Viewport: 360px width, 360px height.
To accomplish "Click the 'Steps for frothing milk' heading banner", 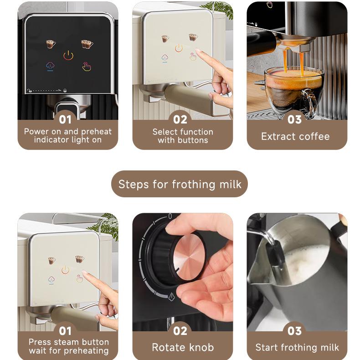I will [180, 184].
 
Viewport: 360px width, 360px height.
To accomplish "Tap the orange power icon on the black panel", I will [68, 56].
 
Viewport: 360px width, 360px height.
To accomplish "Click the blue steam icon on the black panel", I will [50, 67].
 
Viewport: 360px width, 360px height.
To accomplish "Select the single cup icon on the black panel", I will [51, 44].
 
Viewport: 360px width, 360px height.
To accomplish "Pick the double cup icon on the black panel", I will [87, 44].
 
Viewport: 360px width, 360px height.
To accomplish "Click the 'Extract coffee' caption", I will [295, 136].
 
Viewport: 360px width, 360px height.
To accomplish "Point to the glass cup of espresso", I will [292, 89].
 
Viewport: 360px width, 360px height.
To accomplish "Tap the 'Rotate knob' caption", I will [183, 347].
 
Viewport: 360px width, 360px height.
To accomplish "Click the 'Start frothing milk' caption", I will [297, 347].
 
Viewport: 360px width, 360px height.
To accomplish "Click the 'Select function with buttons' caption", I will [182, 135].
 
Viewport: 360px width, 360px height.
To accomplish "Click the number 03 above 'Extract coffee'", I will [294, 119].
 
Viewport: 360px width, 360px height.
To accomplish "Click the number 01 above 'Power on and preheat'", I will [65, 119].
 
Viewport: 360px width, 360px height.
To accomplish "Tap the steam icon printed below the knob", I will [171, 297].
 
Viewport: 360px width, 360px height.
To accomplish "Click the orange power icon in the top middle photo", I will [179, 48].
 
